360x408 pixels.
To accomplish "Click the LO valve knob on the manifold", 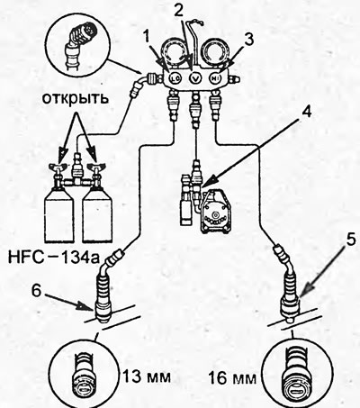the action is pyautogui.click(x=175, y=78).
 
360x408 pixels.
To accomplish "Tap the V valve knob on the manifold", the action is pyautogui.click(x=195, y=78).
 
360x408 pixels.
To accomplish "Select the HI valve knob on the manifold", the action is pyautogui.click(x=215, y=78).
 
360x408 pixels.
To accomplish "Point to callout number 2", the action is pyautogui.click(x=178, y=11).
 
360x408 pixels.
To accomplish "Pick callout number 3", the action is pyautogui.click(x=248, y=40).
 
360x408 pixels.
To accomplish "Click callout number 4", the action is pyautogui.click(x=306, y=112).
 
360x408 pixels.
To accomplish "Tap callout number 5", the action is pyautogui.click(x=350, y=240).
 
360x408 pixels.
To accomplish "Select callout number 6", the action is pyautogui.click(x=36, y=291).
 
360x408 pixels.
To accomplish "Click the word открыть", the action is pyautogui.click(x=75, y=98).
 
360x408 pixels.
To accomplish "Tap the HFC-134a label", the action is pyautogui.click(x=53, y=258).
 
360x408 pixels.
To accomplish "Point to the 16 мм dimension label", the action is pyautogui.click(x=231, y=378).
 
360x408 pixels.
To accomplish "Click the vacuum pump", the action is pyautogui.click(x=214, y=212).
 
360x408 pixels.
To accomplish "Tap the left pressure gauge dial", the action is pyautogui.click(x=176, y=53).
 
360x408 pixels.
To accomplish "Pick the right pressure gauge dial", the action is pyautogui.click(x=215, y=53).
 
